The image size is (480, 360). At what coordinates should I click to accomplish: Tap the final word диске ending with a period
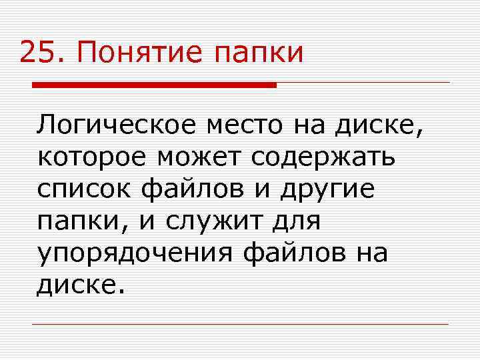click(x=80, y=285)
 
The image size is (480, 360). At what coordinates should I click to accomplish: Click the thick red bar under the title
click(x=154, y=85)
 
